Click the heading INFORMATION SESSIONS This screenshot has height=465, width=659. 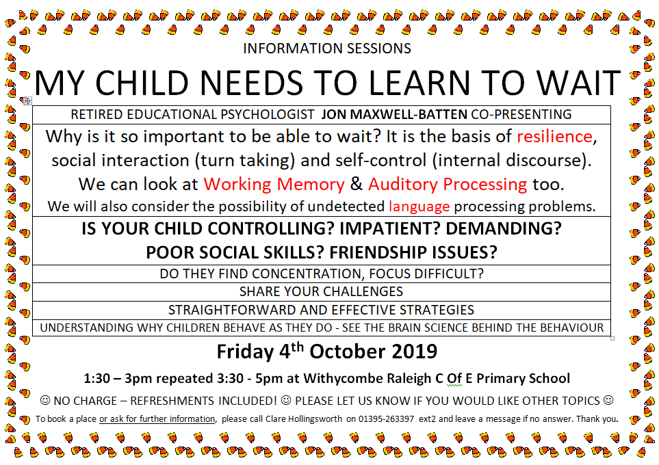(327, 49)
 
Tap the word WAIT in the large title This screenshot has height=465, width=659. (579, 83)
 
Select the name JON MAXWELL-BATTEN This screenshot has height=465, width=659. (394, 114)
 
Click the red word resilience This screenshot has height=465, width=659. (554, 136)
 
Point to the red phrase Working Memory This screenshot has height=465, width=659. (274, 185)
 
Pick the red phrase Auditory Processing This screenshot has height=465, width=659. (448, 185)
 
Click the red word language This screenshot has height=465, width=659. (419, 207)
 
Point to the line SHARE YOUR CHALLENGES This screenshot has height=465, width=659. (321, 291)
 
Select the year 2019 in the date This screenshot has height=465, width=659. (415, 351)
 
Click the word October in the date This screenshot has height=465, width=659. (348, 351)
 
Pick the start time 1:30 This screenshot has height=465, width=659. (96, 378)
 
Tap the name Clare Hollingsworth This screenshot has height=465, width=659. (303, 418)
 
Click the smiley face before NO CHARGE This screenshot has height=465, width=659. (45, 400)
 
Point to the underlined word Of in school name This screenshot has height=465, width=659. (454, 378)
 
